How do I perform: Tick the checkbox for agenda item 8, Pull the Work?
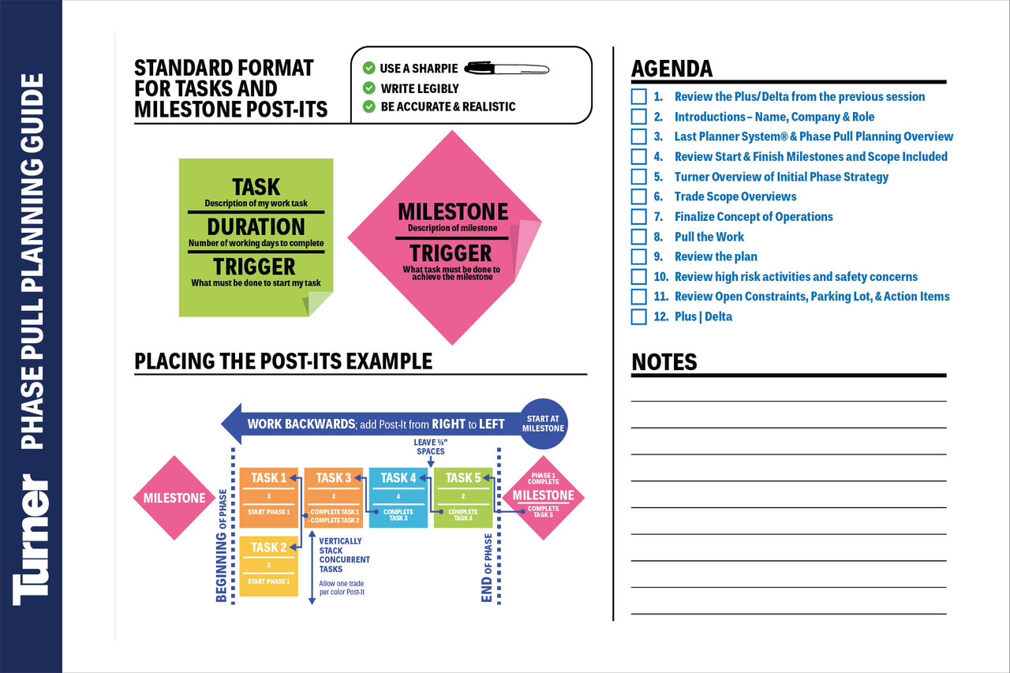click(x=639, y=237)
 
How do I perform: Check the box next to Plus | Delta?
click(x=639, y=316)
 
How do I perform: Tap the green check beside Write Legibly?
click(x=368, y=88)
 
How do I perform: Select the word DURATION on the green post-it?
click(x=256, y=226)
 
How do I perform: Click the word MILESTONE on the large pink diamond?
click(x=452, y=211)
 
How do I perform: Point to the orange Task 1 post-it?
click(x=269, y=497)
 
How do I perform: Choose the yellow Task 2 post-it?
click(x=269, y=566)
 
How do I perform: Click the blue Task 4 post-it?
click(x=398, y=497)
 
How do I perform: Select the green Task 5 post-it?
click(x=463, y=497)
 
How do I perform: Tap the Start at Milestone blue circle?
click(x=543, y=423)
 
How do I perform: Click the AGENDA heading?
click(x=671, y=69)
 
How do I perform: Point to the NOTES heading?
click(x=664, y=362)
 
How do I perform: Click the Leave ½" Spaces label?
click(x=429, y=447)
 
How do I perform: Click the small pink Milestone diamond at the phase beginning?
click(x=174, y=498)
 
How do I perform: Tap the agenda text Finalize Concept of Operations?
click(x=754, y=216)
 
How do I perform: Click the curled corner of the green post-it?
click(x=320, y=303)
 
